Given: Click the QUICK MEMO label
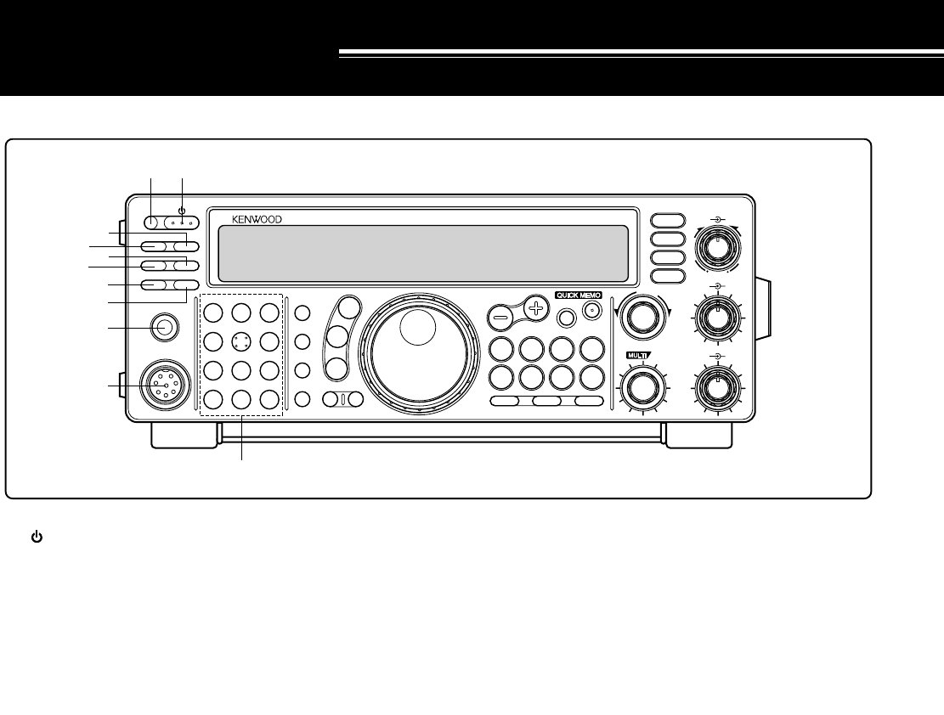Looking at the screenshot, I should (x=579, y=295).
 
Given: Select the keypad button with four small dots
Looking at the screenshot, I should (x=240, y=341).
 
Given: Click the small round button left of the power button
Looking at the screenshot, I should (x=152, y=222).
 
